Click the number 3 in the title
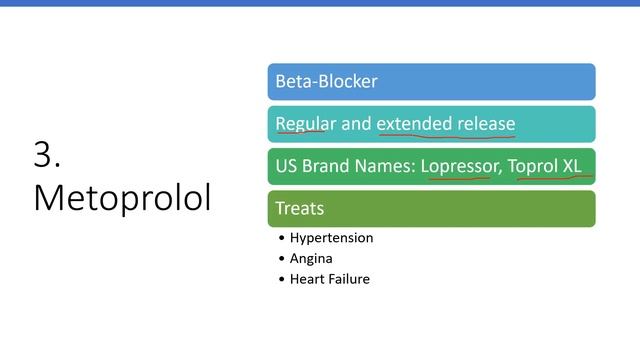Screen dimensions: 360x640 click(46, 155)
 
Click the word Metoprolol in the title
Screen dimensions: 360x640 click(122, 197)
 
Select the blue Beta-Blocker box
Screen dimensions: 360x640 click(431, 82)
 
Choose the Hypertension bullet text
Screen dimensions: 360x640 click(331, 238)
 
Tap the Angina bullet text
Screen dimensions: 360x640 click(311, 258)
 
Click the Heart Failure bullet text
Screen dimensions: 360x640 click(329, 279)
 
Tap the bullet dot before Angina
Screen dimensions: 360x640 click(282, 259)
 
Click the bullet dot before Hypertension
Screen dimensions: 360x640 click(282, 239)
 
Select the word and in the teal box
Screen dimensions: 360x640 click(356, 124)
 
